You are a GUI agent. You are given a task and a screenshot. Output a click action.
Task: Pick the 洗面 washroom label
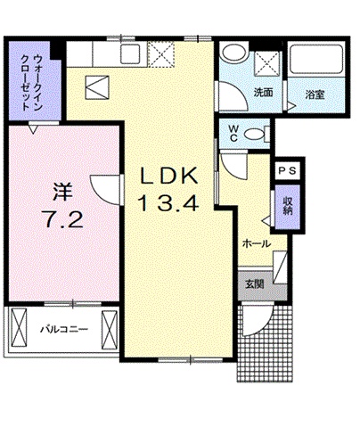[262, 92]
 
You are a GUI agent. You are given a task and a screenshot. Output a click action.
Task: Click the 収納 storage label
[288, 206]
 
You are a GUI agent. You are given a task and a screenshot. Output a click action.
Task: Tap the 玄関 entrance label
[253, 285]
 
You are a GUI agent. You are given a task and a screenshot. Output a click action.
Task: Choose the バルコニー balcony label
[63, 329]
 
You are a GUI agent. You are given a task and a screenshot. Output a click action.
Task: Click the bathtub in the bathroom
[315, 64]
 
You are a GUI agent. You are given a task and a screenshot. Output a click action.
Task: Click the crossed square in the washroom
[266, 63]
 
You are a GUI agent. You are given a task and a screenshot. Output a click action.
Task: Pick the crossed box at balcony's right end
[110, 329]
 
